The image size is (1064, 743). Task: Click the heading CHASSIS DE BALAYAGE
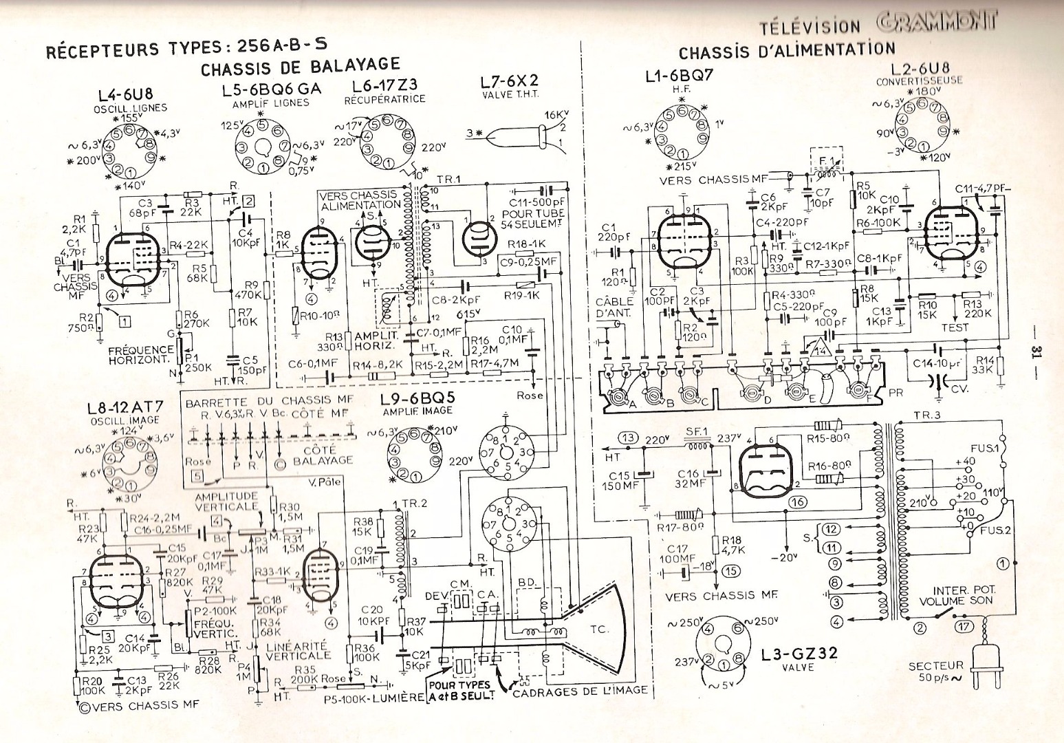coord(300,67)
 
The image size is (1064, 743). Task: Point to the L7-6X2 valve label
coord(509,82)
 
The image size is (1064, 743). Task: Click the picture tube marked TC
coord(596,629)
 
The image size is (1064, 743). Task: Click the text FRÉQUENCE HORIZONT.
coord(141,355)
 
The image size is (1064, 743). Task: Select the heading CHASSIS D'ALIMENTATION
coord(786,51)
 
